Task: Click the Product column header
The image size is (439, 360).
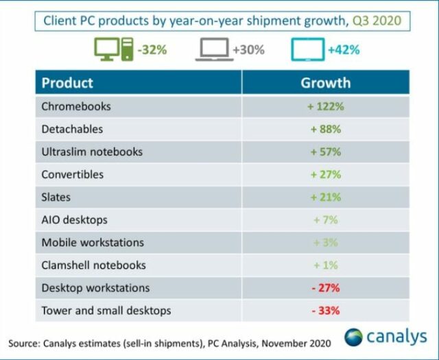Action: point(67,83)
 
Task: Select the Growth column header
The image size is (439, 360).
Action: point(325,83)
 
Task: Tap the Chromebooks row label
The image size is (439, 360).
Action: point(76,106)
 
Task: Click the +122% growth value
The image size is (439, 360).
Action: point(325,106)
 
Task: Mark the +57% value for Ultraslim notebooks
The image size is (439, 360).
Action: point(325,152)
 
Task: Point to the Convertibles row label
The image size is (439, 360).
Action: point(73,174)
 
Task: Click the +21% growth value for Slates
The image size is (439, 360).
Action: point(325,197)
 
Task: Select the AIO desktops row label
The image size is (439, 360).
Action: point(75,220)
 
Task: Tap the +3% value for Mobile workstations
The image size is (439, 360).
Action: point(325,243)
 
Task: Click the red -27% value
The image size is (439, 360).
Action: point(325,288)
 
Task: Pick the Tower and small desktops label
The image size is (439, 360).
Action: point(106,311)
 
